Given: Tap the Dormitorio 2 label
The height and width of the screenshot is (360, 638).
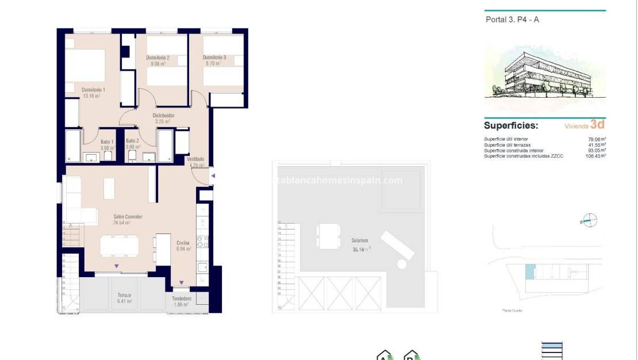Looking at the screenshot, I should coord(157,58).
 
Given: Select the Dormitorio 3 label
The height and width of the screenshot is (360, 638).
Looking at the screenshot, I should coord(214,58).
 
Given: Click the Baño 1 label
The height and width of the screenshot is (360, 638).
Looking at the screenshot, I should coord(107,141).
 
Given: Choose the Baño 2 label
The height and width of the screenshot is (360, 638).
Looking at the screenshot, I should coord(132,141).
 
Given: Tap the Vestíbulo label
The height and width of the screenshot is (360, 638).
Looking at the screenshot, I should coord(196,159).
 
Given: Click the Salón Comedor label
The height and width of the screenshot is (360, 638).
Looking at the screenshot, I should coord(128,217).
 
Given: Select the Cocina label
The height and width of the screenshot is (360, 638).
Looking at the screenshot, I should coord(183,243).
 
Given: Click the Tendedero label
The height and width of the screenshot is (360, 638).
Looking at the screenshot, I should coord(182,298).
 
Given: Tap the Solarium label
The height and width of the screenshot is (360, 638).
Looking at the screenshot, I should coord(360,240).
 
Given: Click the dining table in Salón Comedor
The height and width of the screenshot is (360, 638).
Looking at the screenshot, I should coord(119,246).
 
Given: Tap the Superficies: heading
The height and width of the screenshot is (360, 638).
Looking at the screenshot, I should coord(510,125).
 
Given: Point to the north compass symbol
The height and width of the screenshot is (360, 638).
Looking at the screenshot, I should coord(590,220).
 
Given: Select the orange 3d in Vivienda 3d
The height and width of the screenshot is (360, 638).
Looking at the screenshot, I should coord(597,124).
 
